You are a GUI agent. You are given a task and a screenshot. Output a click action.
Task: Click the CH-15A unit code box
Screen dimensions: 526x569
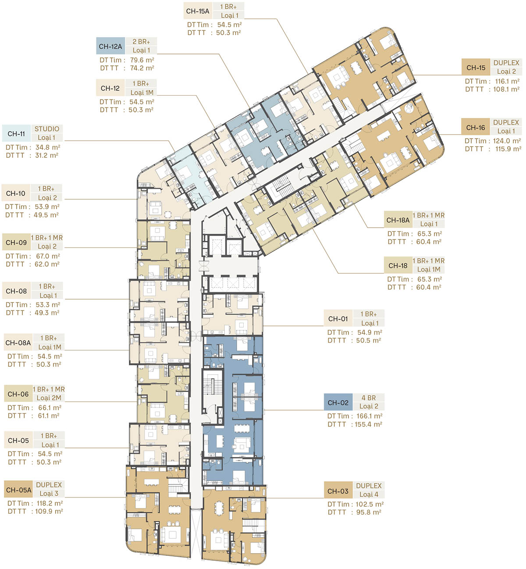(198, 11)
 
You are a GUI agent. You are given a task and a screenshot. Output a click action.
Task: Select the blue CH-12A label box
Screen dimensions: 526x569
(110, 46)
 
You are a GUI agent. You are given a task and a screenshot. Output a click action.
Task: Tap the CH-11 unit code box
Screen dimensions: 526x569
(16, 133)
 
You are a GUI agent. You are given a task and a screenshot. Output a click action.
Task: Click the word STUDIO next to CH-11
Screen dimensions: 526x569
(47, 129)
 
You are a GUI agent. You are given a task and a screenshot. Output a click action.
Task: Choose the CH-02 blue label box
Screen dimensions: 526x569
(338, 402)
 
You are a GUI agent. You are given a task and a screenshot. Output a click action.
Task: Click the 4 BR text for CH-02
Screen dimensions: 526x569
(369, 397)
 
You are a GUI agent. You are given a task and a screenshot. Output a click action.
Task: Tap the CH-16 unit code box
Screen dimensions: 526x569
(476, 127)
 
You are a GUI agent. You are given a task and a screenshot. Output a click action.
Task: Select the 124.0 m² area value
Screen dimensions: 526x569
(507, 141)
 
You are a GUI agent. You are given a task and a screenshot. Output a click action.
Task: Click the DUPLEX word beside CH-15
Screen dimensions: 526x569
(506, 63)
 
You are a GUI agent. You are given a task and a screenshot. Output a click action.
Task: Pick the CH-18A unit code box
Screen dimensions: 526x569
(398, 220)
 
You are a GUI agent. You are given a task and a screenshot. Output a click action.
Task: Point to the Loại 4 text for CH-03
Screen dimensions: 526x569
(369, 494)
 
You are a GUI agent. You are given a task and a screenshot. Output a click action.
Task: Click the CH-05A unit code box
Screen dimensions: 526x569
(18, 490)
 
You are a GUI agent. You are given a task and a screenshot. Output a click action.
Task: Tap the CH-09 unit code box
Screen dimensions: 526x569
(16, 242)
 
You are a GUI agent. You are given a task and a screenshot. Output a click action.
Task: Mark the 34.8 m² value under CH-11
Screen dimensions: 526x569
(48, 147)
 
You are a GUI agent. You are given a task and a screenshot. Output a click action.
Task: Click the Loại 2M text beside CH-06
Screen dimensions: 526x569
(49, 397)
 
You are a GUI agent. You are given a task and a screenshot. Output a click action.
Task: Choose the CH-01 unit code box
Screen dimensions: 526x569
(338, 318)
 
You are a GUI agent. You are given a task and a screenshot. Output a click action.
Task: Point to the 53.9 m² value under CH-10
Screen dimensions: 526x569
(47, 207)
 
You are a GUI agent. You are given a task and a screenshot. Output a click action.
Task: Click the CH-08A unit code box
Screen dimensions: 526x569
(18, 342)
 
